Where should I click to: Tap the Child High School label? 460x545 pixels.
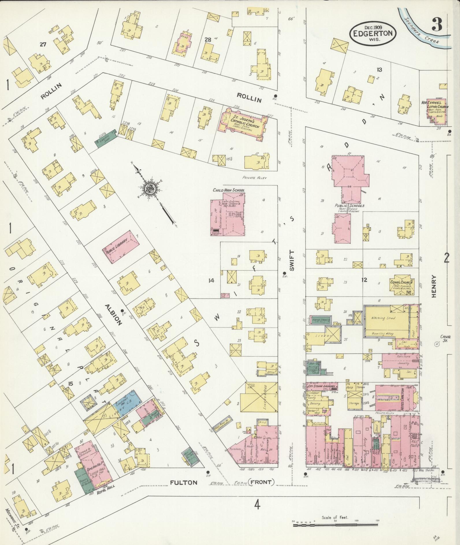click(229, 190)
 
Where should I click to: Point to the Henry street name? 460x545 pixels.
click(435, 286)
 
